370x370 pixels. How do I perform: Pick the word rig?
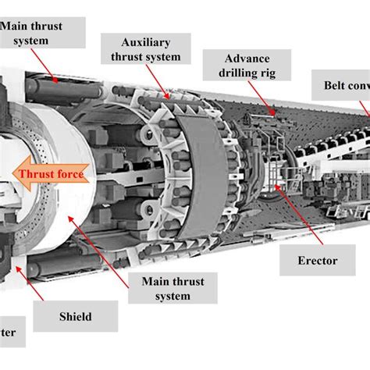[x=271, y=74]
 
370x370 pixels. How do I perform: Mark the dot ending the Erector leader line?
[x=272, y=189]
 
